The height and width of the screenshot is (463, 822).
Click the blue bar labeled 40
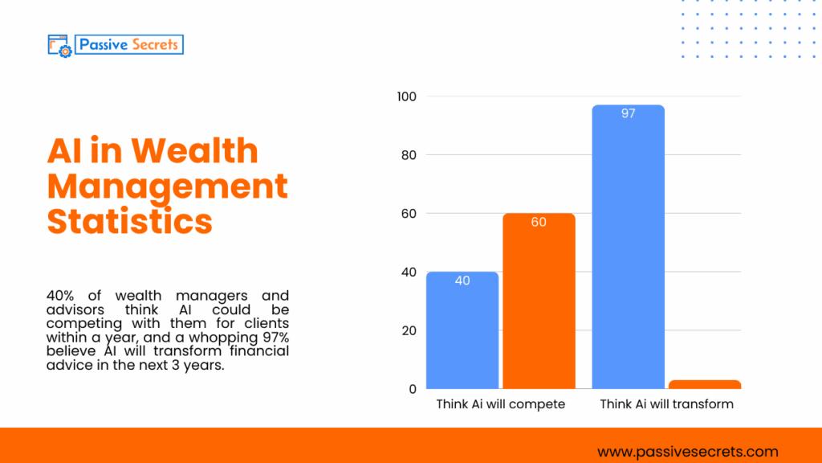pyautogui.click(x=462, y=330)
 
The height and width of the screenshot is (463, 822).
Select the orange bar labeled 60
pyautogui.click(x=539, y=301)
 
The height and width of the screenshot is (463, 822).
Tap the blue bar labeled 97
pyautogui.click(x=628, y=248)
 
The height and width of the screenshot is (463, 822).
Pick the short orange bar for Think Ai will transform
pyautogui.click(x=705, y=384)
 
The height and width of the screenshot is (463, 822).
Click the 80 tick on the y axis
pyautogui.click(x=409, y=155)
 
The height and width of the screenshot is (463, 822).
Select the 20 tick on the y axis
pyautogui.click(x=409, y=330)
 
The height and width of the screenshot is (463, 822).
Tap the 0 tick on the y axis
pyautogui.click(x=412, y=389)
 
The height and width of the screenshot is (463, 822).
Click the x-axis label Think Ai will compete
pyautogui.click(x=500, y=404)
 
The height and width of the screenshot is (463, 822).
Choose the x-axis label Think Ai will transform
pyautogui.click(x=666, y=404)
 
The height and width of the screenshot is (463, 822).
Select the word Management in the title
pyautogui.click(x=167, y=186)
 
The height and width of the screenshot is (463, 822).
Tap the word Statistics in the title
pyautogui.click(x=130, y=220)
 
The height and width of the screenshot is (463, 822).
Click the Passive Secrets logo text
pyautogui.click(x=128, y=44)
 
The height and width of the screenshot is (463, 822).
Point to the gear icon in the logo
pyautogui.click(x=65, y=50)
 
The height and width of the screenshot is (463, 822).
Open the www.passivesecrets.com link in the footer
pyautogui.click(x=688, y=452)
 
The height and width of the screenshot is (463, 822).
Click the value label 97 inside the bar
pyautogui.click(x=628, y=114)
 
